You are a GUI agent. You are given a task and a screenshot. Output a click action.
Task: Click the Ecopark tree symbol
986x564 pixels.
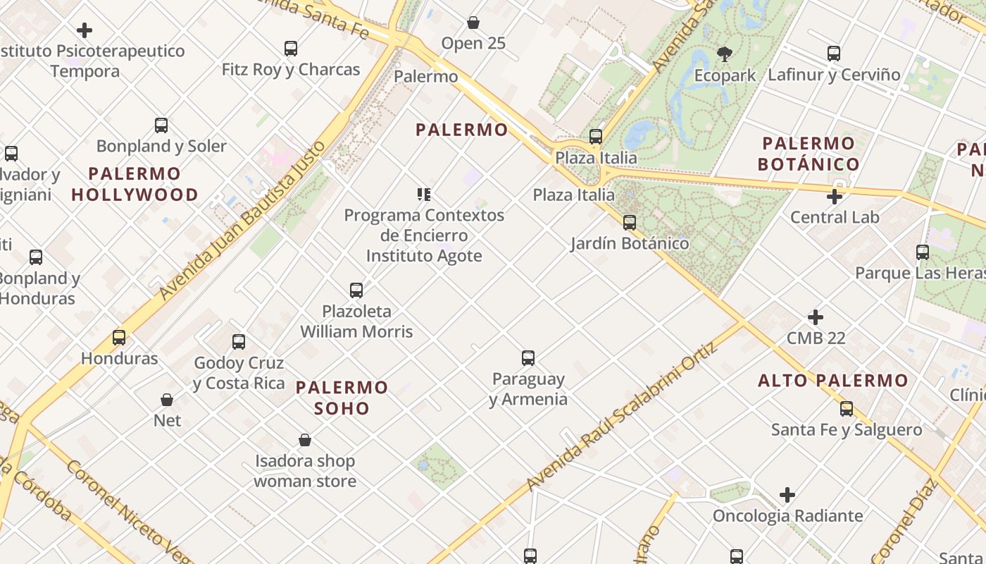(724, 54)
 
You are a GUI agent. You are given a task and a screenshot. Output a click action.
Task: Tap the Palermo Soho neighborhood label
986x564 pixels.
(342, 398)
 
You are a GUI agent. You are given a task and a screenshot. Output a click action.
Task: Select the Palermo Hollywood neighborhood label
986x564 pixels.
(135, 184)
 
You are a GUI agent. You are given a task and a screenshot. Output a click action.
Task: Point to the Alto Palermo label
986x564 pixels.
(833, 381)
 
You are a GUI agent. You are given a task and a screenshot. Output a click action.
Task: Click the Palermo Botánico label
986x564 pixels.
(808, 154)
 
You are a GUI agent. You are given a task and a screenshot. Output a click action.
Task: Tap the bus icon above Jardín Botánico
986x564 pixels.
(630, 223)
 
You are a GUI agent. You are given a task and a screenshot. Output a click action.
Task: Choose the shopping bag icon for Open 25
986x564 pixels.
(473, 23)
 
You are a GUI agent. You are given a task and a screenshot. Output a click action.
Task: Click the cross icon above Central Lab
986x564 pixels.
(835, 197)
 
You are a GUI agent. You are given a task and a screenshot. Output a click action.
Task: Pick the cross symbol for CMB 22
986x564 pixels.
(816, 317)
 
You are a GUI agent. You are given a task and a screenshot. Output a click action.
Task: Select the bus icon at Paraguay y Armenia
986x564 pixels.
(528, 358)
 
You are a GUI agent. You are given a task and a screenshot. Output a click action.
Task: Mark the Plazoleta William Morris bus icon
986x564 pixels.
(356, 290)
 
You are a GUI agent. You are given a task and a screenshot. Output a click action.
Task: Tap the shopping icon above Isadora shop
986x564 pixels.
(305, 441)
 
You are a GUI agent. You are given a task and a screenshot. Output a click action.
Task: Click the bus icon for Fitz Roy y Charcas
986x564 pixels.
(291, 49)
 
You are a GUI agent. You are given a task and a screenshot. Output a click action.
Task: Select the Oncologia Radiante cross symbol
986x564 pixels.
(787, 496)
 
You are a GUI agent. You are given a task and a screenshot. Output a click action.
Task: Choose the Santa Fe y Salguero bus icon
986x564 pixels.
(847, 409)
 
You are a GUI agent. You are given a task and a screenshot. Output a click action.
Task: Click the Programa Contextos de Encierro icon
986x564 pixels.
(423, 195)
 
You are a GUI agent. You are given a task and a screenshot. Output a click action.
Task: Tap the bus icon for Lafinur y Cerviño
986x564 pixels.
(834, 54)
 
